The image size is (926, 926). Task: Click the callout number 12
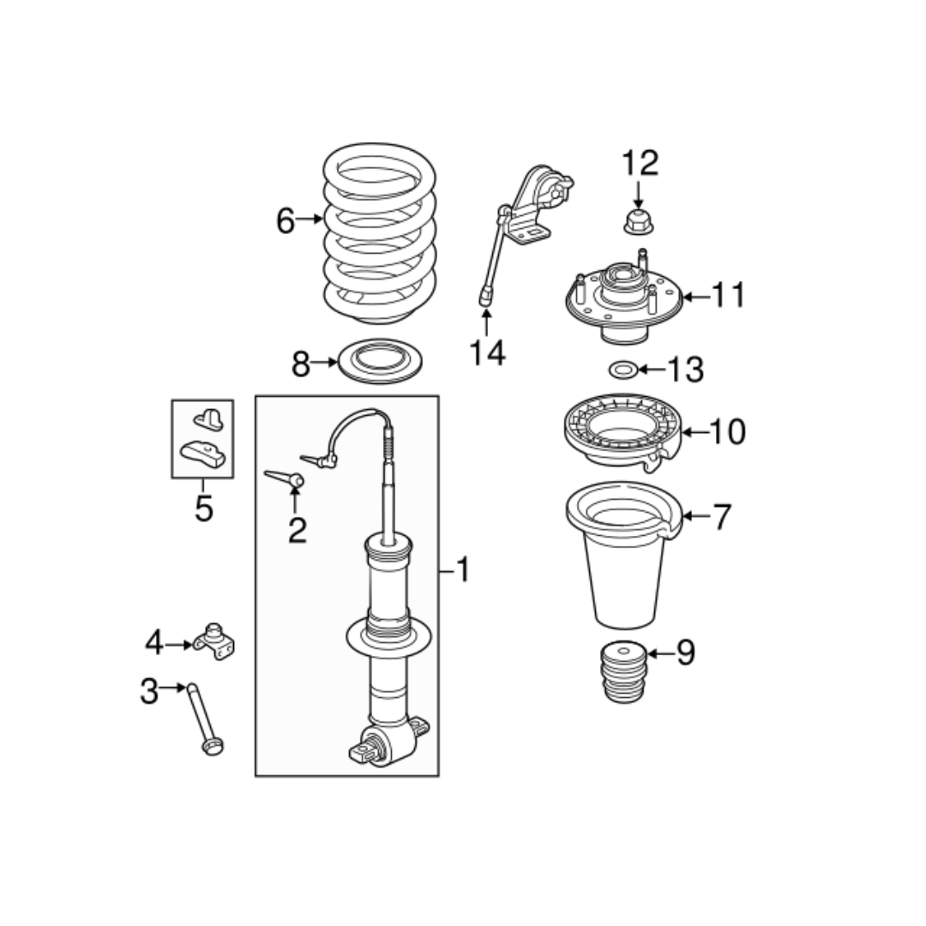coord(640,163)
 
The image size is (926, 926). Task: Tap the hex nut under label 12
coord(639,221)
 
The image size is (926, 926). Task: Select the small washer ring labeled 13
coord(622,370)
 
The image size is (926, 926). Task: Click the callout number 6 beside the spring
coord(286,221)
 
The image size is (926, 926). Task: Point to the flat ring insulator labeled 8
coord(380,361)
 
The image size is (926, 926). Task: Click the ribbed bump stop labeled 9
coord(622,672)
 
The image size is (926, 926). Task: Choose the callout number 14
coord(487,352)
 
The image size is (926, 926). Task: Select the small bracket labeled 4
coord(213,640)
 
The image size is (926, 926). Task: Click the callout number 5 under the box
coord(204,508)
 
